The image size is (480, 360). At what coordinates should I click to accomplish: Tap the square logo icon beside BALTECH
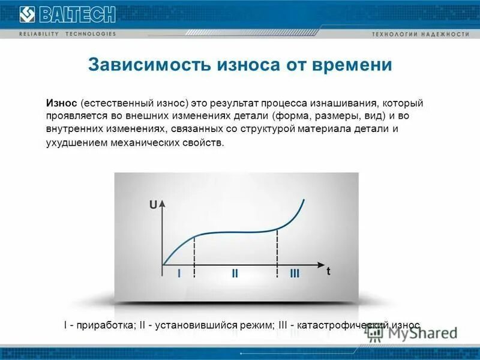click(28, 13)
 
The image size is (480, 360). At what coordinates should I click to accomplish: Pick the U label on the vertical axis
click(154, 205)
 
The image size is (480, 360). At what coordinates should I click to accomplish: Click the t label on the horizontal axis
click(328, 271)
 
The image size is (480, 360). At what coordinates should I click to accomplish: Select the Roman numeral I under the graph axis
click(179, 274)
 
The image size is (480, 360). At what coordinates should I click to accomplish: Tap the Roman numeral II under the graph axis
click(235, 274)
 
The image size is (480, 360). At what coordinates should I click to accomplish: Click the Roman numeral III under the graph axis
click(295, 274)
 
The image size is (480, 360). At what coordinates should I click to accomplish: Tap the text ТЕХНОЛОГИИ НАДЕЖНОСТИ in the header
click(420, 34)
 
